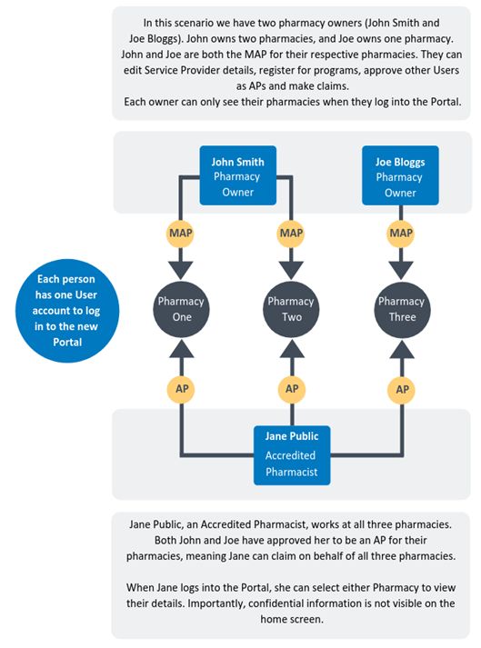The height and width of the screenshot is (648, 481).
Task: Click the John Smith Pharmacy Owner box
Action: coord(238,175)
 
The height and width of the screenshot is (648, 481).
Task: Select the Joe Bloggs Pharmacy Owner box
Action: coord(400,175)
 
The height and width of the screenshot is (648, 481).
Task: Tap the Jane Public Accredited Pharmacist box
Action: coord(292,455)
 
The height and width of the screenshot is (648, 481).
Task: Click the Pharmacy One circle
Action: coord(181,310)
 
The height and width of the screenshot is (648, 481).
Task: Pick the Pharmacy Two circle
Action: coord(291,310)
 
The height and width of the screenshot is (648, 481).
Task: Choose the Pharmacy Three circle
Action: coord(402,310)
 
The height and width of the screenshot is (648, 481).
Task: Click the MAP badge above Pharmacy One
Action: coord(180,234)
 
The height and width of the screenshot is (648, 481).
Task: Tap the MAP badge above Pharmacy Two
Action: coord(291,234)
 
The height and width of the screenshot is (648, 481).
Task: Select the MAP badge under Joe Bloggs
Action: coord(401,234)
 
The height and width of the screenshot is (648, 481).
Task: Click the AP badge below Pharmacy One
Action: coord(181,389)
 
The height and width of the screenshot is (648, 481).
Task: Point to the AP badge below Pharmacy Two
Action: coord(292,389)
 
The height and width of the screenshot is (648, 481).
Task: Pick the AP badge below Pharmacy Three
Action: coord(402,389)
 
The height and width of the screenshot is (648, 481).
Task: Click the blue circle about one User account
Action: coord(67,311)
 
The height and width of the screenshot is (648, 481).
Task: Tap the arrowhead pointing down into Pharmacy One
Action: coord(181,270)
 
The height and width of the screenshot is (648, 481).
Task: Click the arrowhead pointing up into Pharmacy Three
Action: coord(402,349)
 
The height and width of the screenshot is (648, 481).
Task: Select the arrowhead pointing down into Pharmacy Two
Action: coord(291,270)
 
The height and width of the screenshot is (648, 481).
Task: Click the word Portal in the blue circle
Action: coord(67,343)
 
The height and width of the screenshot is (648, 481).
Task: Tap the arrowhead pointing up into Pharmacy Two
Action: coord(292,349)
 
